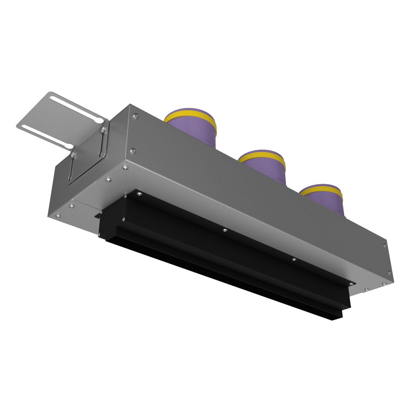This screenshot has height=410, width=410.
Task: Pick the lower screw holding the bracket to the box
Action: pos(72,155)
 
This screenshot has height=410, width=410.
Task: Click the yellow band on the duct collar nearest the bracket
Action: pos(190,115)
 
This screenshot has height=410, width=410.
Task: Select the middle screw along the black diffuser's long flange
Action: pos(224,231)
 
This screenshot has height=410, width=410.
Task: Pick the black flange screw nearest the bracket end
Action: pos(139,195)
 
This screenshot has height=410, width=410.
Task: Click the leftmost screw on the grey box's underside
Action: pos(58,216)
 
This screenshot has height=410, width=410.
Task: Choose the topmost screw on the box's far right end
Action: pos(385,245)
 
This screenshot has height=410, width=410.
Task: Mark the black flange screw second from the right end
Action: pos(294,260)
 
